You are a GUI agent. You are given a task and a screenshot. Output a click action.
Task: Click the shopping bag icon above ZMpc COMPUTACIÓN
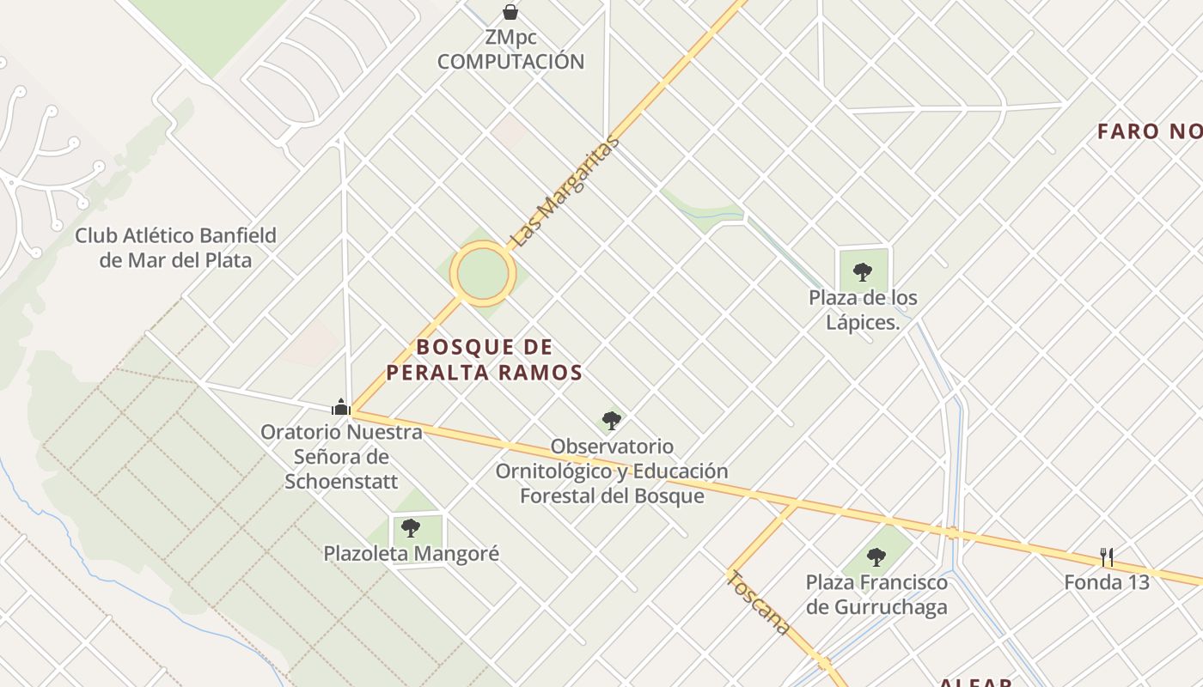[510, 12]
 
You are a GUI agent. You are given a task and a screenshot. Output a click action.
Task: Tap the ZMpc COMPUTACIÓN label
[510, 51]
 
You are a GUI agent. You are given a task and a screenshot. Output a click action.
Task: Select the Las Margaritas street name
[564, 192]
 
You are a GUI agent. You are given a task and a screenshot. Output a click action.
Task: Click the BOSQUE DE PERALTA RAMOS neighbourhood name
[484, 360]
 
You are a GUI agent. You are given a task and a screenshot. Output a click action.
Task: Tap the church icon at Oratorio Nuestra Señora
[341, 407]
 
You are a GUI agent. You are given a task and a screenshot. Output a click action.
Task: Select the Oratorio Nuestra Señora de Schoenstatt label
[341, 456]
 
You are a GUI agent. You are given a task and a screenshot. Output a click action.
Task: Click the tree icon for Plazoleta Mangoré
[411, 527]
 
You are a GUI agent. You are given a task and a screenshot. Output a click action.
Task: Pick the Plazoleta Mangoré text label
[411, 554]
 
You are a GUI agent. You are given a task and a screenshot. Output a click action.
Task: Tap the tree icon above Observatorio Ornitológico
[612, 420]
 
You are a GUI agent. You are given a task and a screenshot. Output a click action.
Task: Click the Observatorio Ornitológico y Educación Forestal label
[612, 471]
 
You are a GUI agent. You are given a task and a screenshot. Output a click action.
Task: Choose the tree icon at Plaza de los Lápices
[863, 272]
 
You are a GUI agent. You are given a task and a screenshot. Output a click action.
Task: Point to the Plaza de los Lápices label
[863, 310]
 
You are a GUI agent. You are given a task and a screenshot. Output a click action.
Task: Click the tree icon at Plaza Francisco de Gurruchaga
[876, 556]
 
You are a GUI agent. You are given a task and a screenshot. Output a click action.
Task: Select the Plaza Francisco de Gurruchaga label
[876, 594]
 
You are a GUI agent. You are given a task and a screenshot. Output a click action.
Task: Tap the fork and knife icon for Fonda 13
[1107, 557]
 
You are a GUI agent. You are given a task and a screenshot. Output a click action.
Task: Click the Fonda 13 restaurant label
[1107, 582]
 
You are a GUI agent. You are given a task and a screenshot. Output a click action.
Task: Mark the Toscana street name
[759, 603]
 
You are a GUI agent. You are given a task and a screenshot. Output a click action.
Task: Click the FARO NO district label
[1150, 131]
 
